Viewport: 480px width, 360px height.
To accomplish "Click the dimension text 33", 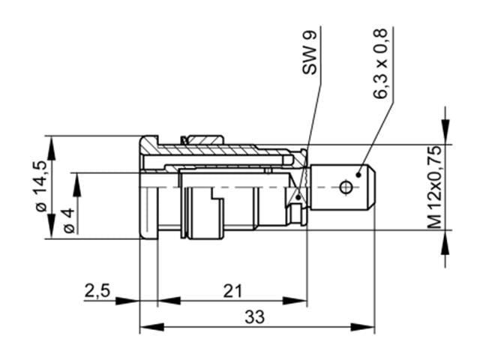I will [254, 317].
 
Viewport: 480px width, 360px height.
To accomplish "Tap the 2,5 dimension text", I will [96, 291].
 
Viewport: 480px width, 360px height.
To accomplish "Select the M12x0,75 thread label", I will [434, 187].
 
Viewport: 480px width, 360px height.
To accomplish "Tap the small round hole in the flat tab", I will [346, 186].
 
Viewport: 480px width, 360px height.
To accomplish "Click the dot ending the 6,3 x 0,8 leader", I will [359, 174].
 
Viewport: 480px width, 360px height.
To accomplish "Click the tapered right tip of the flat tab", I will [370, 187].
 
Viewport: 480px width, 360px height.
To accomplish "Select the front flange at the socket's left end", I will [148, 187].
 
